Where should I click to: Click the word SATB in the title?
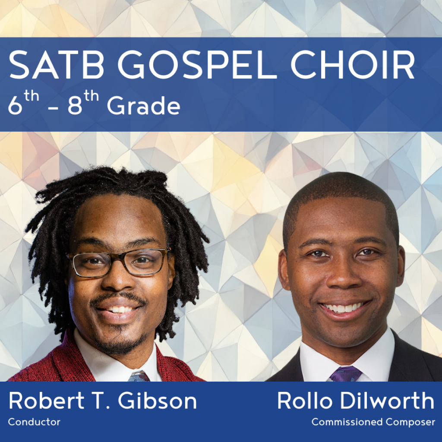[x=57, y=65]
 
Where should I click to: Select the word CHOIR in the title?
[x=353, y=65]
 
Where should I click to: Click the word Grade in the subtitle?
[x=143, y=106]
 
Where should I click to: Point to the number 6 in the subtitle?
[x=15, y=106]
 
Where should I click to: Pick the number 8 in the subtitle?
[x=75, y=106]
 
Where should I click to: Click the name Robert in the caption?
[x=47, y=401]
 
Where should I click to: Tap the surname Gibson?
[x=157, y=401]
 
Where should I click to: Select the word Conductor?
[x=34, y=422]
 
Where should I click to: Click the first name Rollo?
[x=304, y=401]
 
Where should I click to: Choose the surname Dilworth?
[x=387, y=401]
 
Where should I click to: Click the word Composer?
[x=410, y=422]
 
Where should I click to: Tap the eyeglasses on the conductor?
[x=118, y=262]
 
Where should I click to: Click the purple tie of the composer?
[x=346, y=374]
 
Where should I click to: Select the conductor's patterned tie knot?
[x=139, y=376]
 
